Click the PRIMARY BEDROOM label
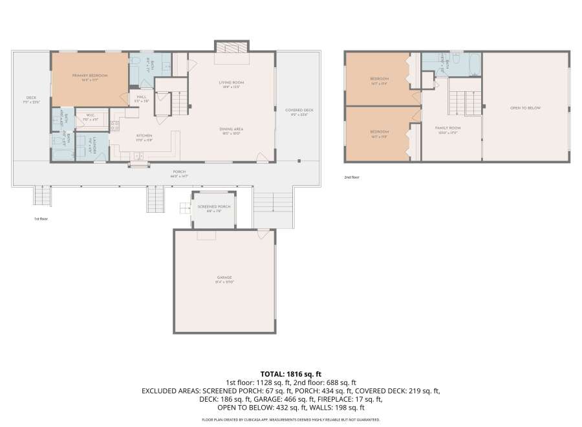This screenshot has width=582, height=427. click(90, 76)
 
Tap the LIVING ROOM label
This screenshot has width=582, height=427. click(230, 83)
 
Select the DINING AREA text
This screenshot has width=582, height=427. click(231, 129)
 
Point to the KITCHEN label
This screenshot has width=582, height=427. click(144, 136)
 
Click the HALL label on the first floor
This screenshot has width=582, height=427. click(142, 97)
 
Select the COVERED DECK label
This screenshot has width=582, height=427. click(299, 110)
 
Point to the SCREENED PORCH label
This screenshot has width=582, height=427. click(213, 206)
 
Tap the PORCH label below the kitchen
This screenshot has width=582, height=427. click(179, 171)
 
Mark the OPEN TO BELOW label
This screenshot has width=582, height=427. click(525, 108)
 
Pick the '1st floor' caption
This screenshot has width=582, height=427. click(41, 219)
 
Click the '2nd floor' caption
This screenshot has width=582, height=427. click(352, 177)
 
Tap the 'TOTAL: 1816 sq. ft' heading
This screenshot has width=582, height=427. click(290, 374)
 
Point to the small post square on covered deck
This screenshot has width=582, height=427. click(299, 160)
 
